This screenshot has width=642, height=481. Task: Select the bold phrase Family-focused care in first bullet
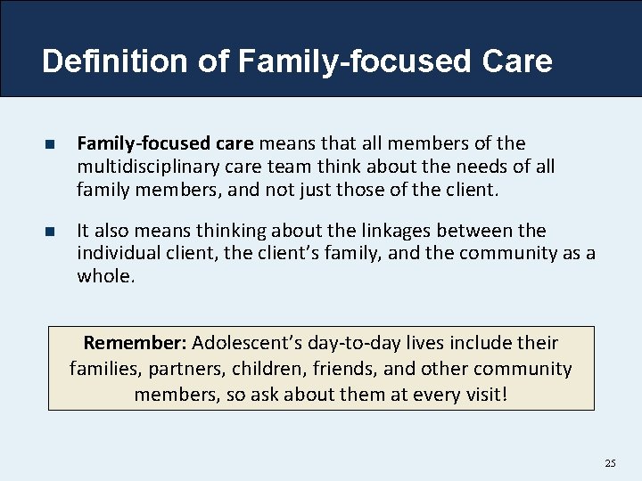(166, 143)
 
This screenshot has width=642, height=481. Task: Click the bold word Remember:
(135, 343)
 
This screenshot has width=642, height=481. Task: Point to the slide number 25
(610, 463)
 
